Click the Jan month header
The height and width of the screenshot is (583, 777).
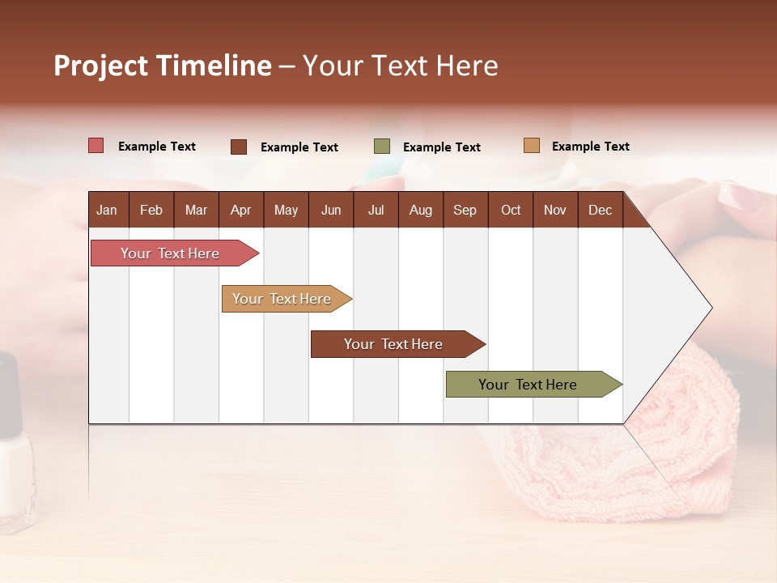107,210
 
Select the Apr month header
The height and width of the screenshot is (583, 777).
240,210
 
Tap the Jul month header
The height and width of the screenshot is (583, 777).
376,210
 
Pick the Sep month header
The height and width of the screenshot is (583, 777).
465,210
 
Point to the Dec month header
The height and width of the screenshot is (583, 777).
600,210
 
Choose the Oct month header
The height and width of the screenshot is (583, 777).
511,210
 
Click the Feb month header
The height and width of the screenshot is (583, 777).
151,210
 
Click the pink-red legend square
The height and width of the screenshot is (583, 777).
96,146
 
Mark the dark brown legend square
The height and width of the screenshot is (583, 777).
239,147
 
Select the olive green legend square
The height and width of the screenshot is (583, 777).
382,147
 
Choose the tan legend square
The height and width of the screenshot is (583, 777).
532,146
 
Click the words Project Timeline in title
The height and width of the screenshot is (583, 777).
162,66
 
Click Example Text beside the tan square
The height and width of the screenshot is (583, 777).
590,147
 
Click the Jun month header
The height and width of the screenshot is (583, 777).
330,210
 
